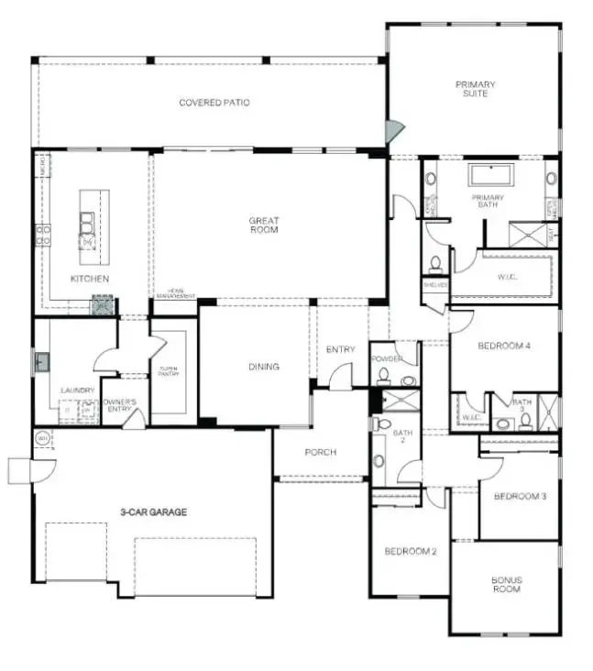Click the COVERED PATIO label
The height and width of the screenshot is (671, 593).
point(214,103)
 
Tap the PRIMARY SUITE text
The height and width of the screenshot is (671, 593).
point(476,89)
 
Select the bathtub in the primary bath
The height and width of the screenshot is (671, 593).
point(489,175)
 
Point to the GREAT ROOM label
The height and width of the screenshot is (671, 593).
point(263,225)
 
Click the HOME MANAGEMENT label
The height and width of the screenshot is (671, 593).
point(175,294)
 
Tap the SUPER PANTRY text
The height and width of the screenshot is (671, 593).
point(169,372)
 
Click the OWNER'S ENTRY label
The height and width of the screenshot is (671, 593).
point(119,405)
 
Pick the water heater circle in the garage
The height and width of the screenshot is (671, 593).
point(42,439)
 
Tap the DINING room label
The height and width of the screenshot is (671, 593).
point(263,367)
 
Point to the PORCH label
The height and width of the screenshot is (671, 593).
point(320,452)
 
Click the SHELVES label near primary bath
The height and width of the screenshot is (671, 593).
point(434,285)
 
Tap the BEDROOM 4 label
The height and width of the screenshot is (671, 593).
point(504,346)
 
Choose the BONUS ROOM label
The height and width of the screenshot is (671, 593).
point(506,584)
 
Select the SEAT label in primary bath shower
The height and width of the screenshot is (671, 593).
point(550,235)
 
